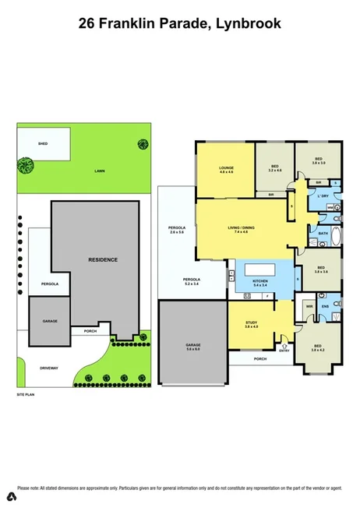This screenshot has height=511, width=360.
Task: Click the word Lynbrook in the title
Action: pos(248,24)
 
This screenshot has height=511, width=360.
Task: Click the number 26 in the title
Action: pos(89,24)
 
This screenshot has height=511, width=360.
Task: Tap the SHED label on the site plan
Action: pos(44,143)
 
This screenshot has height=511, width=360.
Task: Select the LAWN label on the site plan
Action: pos(100,170)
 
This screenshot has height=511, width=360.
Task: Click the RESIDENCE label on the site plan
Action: pos(103,259)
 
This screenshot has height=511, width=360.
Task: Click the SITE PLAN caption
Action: pos(26,395)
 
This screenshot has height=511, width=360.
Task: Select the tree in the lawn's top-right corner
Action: pos(143,143)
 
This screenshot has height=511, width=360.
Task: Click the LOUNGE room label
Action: pos(226,167)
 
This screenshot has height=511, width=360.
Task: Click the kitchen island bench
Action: pos(260,270)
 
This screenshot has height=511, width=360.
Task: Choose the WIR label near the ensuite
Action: pos(309,306)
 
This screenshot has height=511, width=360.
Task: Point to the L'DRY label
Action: pos(321,196)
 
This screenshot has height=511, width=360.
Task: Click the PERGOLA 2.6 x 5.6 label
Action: pos(176,230)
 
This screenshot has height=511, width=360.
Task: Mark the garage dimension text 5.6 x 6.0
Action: pos(193,348)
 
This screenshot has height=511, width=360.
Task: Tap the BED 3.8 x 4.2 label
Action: pos(317,349)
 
